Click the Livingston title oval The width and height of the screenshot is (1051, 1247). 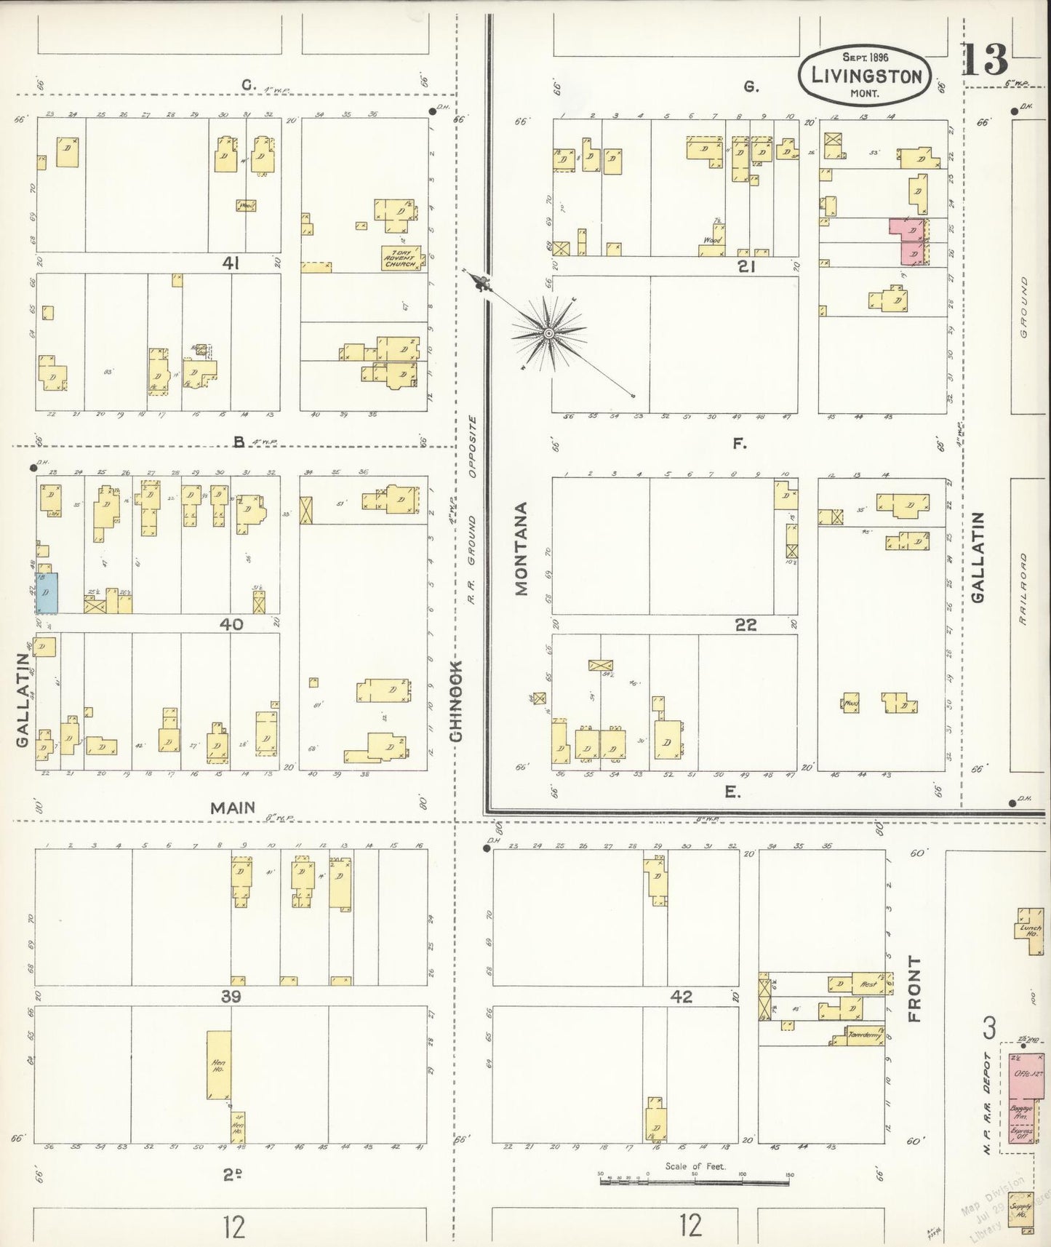click(x=864, y=76)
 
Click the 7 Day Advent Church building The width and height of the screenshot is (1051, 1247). click(x=401, y=258)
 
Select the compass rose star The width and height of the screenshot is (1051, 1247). click(x=549, y=333)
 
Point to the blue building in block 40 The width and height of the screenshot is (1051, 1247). click(x=47, y=591)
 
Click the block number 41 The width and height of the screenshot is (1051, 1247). click(x=232, y=263)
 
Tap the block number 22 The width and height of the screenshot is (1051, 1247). click(x=746, y=625)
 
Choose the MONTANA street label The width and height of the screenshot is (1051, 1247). click(x=521, y=549)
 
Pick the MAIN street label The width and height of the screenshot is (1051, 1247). click(x=233, y=808)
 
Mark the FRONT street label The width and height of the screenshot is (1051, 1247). click(x=914, y=989)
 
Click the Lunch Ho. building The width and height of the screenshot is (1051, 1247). click(x=1030, y=931)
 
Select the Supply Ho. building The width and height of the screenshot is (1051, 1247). click(x=1022, y=1211)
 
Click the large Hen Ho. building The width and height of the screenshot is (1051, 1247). click(x=219, y=1064)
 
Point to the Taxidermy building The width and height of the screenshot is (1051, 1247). click(x=864, y=1035)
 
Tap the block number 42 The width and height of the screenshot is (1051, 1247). click(x=682, y=997)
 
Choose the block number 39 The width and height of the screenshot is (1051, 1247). click(x=231, y=997)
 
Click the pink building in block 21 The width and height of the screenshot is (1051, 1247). click(x=908, y=242)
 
